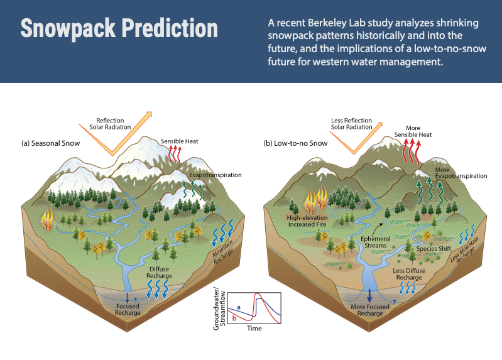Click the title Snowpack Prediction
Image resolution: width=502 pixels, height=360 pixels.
click(119, 29)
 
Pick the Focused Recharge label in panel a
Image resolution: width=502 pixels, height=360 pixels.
click(127, 310)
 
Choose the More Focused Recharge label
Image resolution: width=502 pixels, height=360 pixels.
click(370, 310)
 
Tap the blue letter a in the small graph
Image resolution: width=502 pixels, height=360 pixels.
click(238, 306)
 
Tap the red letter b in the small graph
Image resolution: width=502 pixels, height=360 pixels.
click(234, 319)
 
